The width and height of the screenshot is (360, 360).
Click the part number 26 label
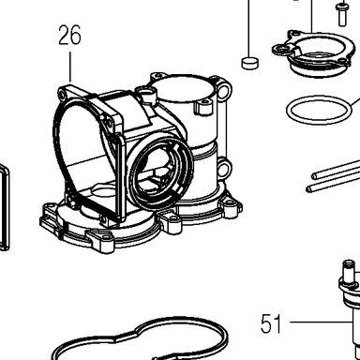point(69,35)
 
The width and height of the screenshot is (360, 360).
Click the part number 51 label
point(271,323)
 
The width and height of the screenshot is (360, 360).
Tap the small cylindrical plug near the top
point(250,63)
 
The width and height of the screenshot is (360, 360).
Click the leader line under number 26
point(70,67)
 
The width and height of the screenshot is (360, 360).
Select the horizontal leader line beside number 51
point(320,322)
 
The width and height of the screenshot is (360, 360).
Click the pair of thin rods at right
point(333,176)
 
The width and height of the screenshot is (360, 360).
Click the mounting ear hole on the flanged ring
point(282,49)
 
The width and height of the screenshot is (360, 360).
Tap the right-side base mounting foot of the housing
point(231,207)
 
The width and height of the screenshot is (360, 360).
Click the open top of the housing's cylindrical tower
point(185,87)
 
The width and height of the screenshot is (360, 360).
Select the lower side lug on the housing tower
point(223,169)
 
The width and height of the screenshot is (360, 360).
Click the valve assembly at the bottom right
point(351,307)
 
